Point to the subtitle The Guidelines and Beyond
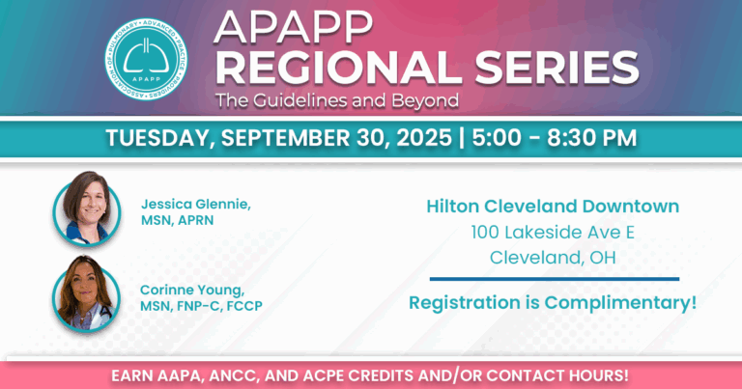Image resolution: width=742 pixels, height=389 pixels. click(x=337, y=99)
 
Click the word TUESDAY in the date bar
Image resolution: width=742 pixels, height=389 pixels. click(x=157, y=137)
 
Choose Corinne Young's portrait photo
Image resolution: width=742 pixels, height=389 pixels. click(x=87, y=292)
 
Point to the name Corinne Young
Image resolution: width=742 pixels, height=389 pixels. click(x=192, y=288)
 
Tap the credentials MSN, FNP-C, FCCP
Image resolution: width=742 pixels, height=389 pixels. click(x=202, y=306)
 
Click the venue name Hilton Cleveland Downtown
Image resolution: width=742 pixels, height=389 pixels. click(x=553, y=206)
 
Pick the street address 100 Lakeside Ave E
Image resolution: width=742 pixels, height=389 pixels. click(x=553, y=232)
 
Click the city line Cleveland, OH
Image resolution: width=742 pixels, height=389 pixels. click(x=553, y=257)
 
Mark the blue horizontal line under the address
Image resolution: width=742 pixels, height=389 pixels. click(x=554, y=279)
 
